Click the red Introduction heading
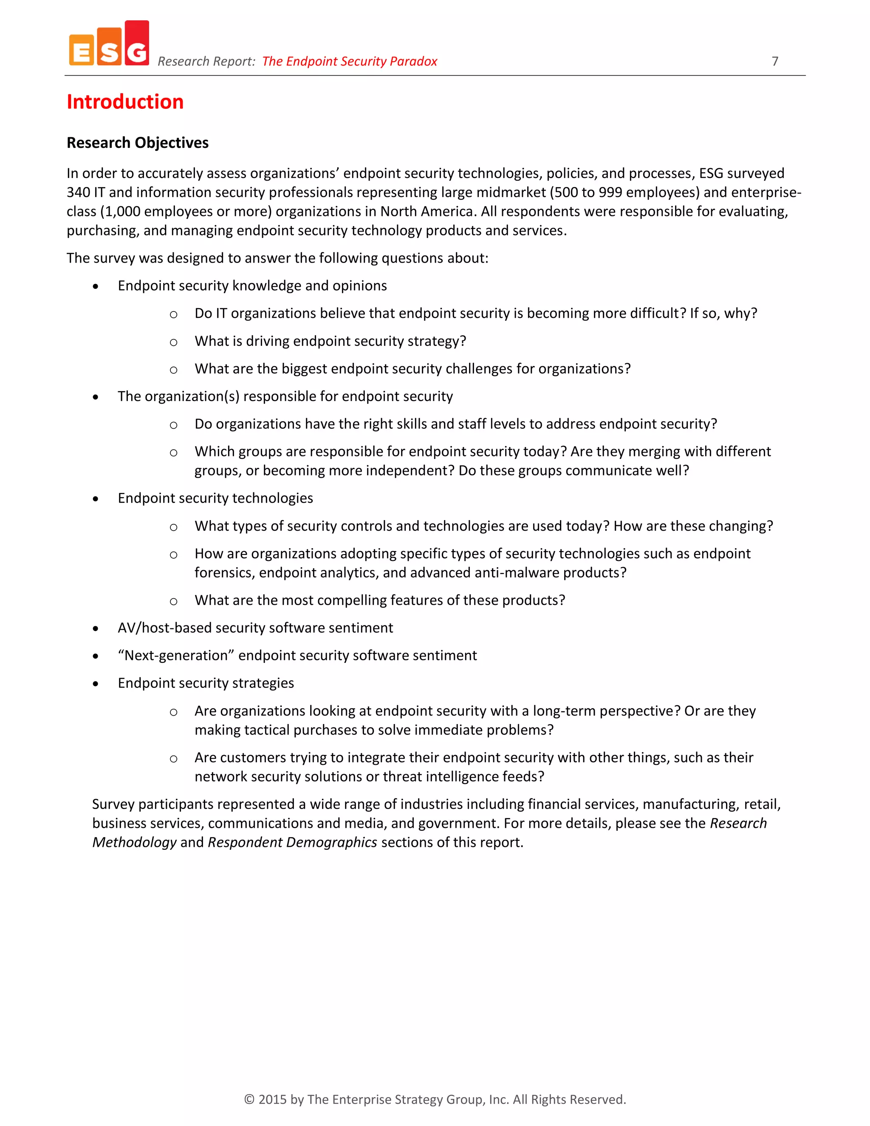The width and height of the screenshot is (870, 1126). pyautogui.click(x=125, y=102)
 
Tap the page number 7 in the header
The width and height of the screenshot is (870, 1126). pyautogui.click(x=775, y=61)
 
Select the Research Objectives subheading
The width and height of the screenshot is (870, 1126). pyautogui.click(x=138, y=143)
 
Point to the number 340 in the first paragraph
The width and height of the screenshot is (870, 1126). pyautogui.click(x=78, y=192)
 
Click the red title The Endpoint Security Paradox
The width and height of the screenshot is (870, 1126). pyautogui.click(x=350, y=61)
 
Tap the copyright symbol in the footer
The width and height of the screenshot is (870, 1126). pyautogui.click(x=249, y=1099)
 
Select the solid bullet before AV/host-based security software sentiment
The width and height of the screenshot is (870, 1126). pyautogui.click(x=95, y=628)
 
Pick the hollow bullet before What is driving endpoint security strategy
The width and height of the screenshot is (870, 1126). pyautogui.click(x=174, y=342)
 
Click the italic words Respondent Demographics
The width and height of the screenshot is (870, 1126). pyautogui.click(x=292, y=843)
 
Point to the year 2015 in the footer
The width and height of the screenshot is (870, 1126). pyautogui.click(x=272, y=1099)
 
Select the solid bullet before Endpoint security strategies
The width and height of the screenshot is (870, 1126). pyautogui.click(x=95, y=684)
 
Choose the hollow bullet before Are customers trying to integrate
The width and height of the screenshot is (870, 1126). pyautogui.click(x=174, y=759)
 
